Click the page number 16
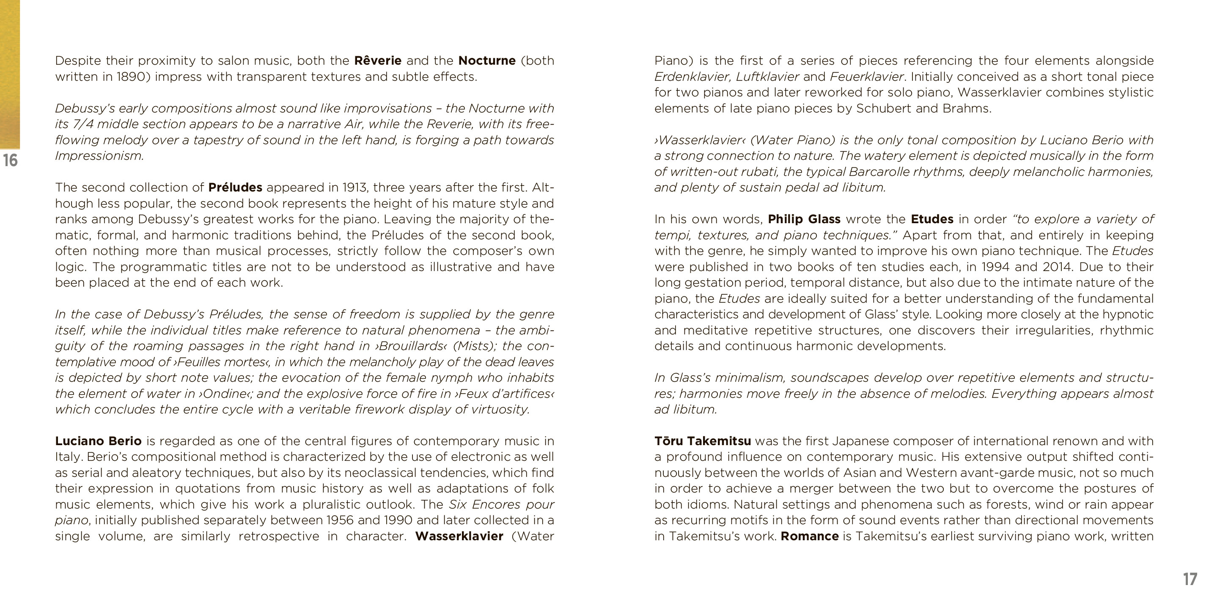click(10, 160)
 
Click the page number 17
click(1190, 579)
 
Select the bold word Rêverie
click(378, 60)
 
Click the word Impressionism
click(99, 156)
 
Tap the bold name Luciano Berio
click(98, 441)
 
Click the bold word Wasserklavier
click(459, 536)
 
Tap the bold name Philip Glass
click(804, 219)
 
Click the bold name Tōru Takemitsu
click(702, 441)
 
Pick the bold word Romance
click(809, 536)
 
